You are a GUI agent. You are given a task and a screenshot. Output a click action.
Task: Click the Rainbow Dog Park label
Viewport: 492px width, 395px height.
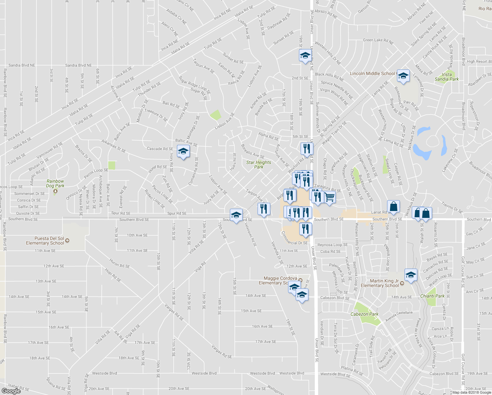pyautogui.click(x=55, y=184)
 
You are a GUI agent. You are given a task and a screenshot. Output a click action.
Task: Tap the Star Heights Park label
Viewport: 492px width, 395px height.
pyautogui.click(x=259, y=165)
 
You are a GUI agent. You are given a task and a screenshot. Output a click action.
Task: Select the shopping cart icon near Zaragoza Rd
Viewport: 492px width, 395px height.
pyautogui.click(x=330, y=197)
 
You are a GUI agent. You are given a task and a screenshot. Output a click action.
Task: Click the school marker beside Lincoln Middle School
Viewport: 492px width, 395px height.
pyautogui.click(x=403, y=76)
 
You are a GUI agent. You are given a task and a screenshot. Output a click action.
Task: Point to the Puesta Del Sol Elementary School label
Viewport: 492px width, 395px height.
pyautogui.click(x=45, y=241)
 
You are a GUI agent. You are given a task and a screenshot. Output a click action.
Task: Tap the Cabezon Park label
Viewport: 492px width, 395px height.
pyautogui.click(x=364, y=314)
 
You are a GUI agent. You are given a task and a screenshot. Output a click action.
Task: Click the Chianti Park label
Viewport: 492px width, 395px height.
pyautogui.click(x=432, y=296)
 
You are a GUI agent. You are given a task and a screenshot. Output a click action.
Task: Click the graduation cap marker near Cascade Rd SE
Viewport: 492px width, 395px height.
pyautogui.click(x=183, y=151)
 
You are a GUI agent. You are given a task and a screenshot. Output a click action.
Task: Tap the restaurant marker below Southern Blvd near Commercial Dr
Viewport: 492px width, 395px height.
pyautogui.click(x=306, y=229)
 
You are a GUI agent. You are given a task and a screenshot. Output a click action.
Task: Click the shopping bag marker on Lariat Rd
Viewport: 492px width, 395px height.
pyautogui.click(x=393, y=207)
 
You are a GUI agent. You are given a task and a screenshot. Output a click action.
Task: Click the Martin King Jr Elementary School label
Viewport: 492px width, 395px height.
pyautogui.click(x=380, y=283)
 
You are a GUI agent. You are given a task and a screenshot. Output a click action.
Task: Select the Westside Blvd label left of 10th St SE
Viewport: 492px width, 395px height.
pyautogui.click(x=105, y=373)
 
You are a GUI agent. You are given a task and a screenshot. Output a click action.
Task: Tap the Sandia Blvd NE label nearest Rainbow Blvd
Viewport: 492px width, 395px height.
pyautogui.click(x=22, y=66)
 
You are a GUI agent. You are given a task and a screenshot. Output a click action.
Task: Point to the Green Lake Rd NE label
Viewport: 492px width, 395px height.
pyautogui.click(x=378, y=41)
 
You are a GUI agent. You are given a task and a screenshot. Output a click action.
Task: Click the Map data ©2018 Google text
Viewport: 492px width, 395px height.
pyautogui.click(x=471, y=392)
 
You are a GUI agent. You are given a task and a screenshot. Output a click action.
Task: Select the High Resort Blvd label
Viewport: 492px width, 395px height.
pyautogui.click(x=479, y=62)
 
